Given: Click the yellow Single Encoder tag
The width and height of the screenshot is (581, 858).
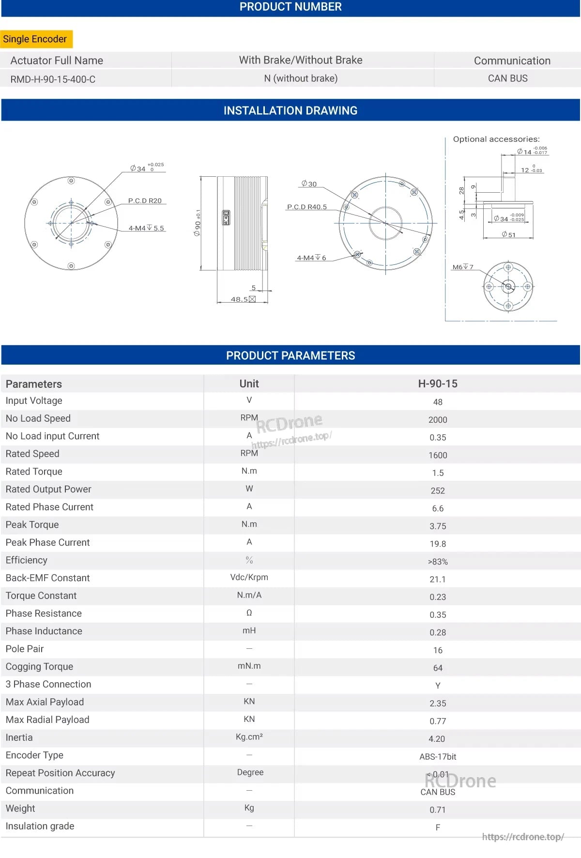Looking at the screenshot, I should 35,39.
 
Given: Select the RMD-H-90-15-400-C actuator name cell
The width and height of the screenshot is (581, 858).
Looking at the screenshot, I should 53,79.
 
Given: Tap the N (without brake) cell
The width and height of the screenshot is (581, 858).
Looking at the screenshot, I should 301,78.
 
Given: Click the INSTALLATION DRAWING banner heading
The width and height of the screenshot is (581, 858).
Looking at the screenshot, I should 290,110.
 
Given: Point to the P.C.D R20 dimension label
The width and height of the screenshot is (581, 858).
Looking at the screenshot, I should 145,200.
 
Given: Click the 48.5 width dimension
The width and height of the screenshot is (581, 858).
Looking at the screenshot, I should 239,299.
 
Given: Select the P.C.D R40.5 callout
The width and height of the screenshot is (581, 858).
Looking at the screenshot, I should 307,207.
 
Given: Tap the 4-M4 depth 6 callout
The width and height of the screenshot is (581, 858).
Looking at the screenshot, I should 311,258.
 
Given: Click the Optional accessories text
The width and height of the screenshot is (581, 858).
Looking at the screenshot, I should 496,139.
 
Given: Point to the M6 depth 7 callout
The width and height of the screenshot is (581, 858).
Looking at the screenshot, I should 463,267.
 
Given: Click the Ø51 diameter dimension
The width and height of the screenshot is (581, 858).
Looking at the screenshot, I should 508,234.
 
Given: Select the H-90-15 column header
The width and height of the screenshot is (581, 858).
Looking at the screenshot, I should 438,383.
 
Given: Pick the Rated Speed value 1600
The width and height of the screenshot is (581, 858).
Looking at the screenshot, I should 438,455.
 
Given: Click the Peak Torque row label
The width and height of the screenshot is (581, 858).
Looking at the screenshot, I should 32,524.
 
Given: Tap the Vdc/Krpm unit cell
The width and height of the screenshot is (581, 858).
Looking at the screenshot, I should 249,577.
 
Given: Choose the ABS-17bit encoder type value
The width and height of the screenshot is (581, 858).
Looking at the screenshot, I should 438,756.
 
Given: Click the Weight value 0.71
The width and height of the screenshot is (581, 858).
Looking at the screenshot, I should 438,810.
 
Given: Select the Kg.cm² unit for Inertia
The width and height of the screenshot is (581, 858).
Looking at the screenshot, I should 249,736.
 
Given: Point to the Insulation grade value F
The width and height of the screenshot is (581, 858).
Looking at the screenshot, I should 438,827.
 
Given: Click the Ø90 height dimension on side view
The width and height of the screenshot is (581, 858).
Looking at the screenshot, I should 198,223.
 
